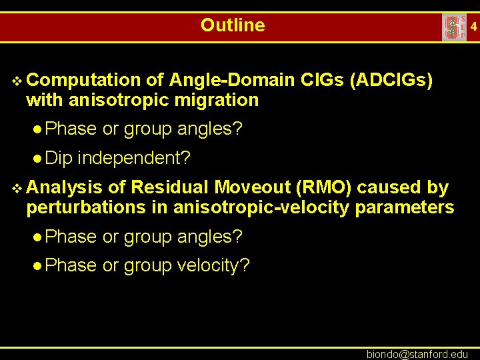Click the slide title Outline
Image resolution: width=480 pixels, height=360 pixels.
point(233,25)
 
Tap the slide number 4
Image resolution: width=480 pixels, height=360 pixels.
point(473,27)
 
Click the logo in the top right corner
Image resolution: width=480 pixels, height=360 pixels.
point(454,27)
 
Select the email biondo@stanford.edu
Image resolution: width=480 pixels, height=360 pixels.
point(417,354)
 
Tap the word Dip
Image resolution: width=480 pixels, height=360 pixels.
point(61,158)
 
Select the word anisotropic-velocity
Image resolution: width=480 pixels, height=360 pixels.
point(261,207)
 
